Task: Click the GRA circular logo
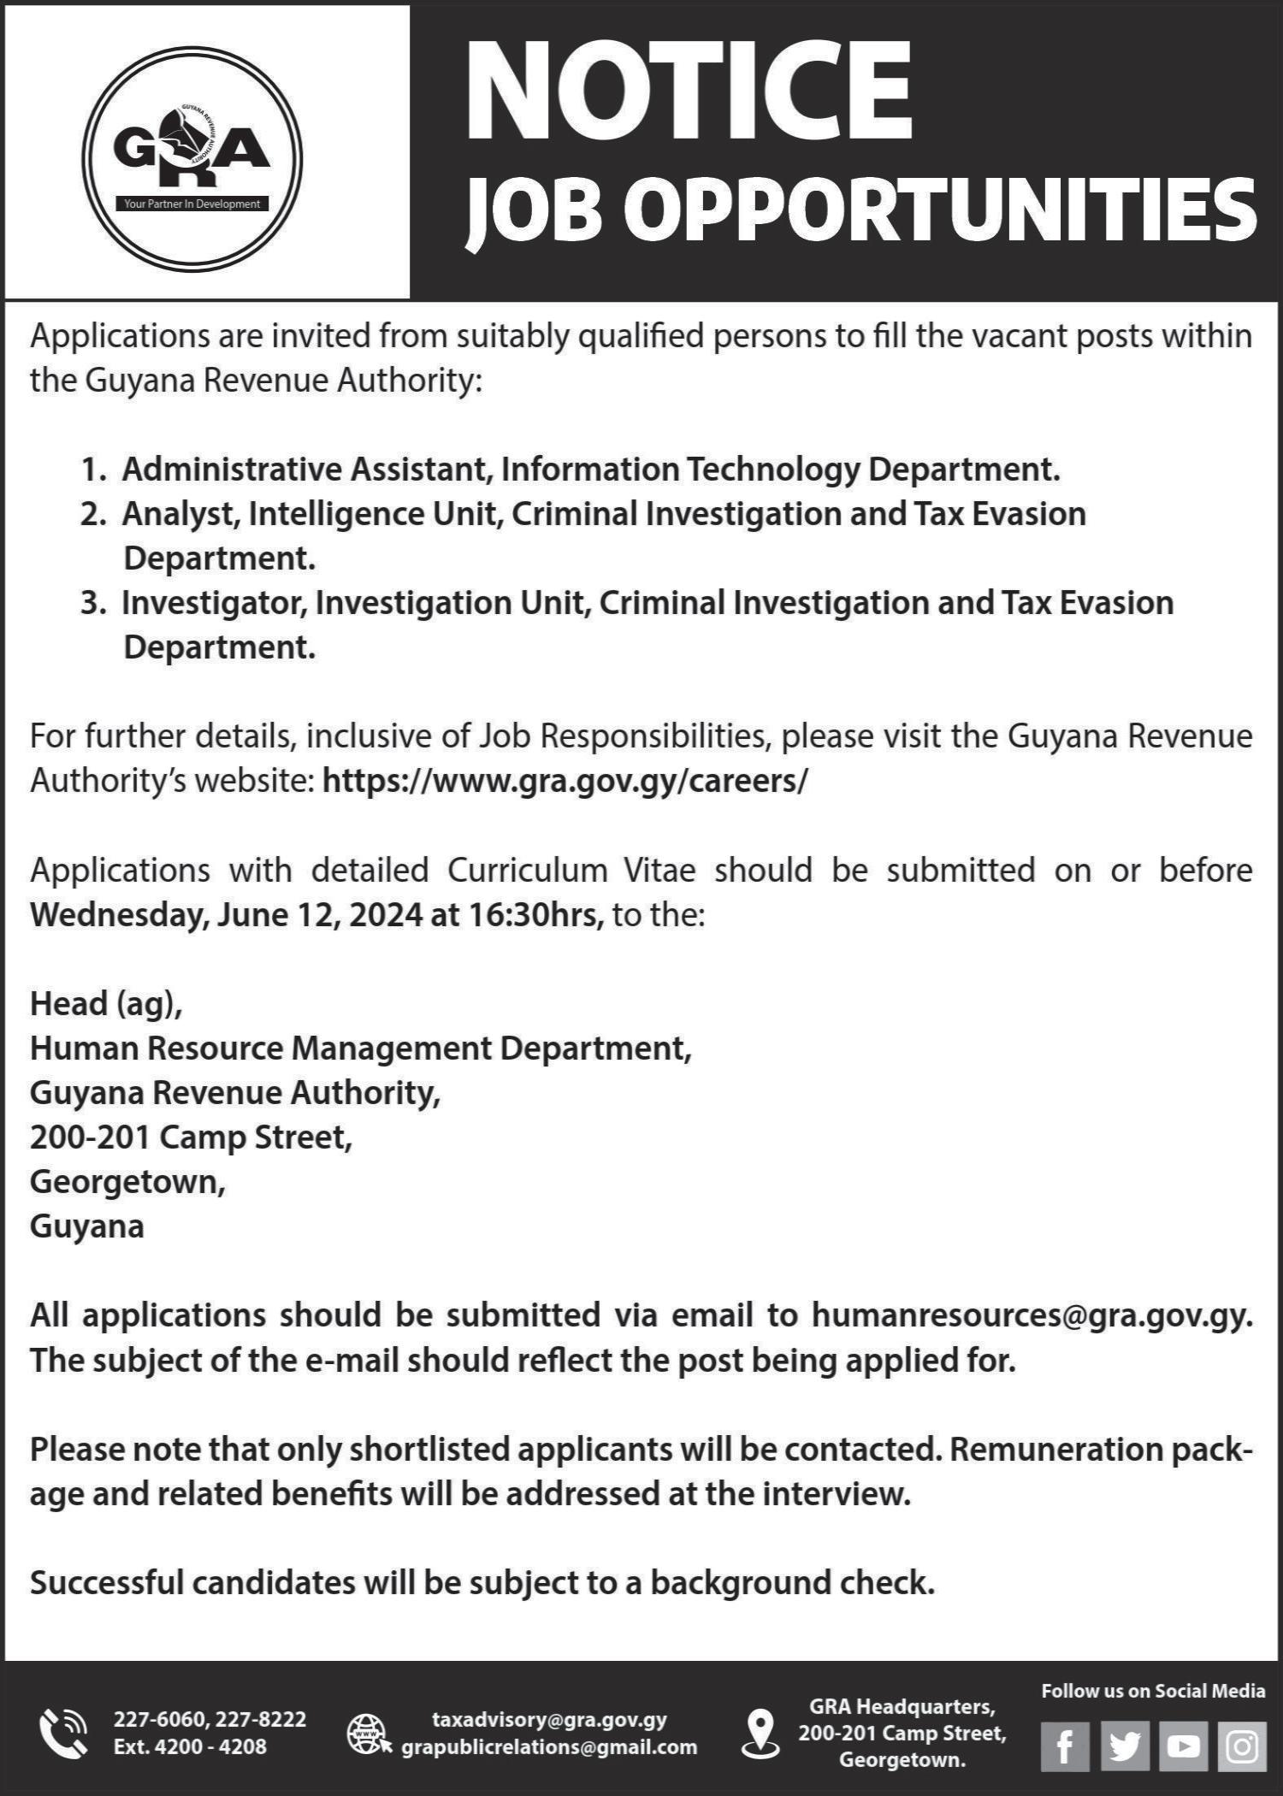[192, 158]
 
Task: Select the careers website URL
[565, 781]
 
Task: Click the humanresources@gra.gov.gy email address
[1032, 1315]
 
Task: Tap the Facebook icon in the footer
[1065, 1746]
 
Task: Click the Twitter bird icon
[1124, 1746]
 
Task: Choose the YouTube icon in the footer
[1183, 1746]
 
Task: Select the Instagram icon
[1241, 1746]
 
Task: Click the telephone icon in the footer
[63, 1733]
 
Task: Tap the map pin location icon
[760, 1733]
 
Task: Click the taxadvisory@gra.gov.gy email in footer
[549, 1719]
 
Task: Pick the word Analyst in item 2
[180, 514]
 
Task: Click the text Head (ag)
[106, 1003]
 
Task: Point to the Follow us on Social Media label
[1152, 1691]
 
